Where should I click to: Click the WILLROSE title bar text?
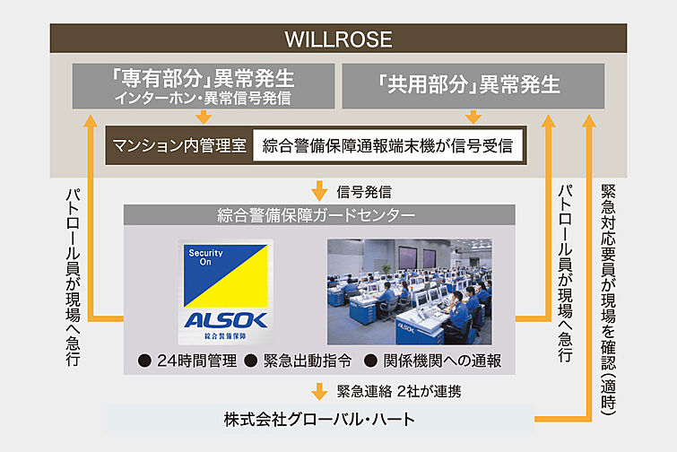click(x=338, y=39)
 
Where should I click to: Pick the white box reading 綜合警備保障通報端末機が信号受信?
click(x=388, y=145)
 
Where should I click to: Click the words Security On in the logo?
click(x=204, y=258)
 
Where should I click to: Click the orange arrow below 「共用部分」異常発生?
click(x=473, y=116)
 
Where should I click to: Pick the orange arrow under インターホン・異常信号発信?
click(x=203, y=116)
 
